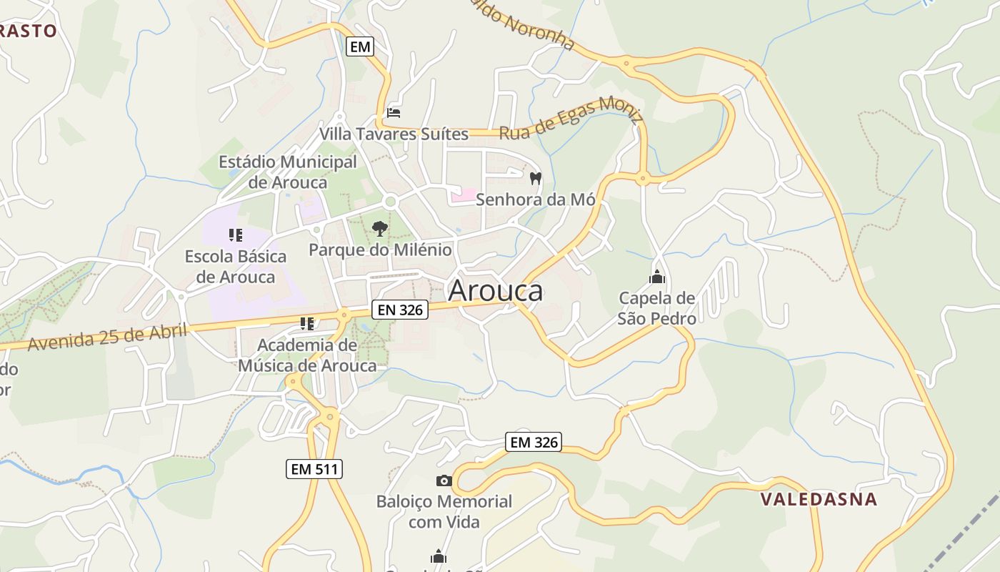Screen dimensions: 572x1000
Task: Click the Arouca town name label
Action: coord(495,290)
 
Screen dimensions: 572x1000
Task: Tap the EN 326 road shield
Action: coord(399,310)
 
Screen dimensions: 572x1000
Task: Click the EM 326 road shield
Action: coord(534,442)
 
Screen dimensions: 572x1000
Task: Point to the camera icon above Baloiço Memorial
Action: coord(444,480)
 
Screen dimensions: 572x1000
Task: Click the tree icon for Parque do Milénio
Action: coord(380,229)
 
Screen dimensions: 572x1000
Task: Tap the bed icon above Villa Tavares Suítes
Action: coord(394,112)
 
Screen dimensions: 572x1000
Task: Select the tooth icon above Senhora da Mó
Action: coord(536,178)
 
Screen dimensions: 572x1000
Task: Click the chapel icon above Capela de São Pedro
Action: coord(657,276)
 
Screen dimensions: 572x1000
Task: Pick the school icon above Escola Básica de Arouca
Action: coord(236,235)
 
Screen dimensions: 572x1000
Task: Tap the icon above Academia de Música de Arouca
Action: coord(307,324)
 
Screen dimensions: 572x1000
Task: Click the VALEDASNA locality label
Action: coord(819,498)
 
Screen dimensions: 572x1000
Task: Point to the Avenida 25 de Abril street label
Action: coord(107,336)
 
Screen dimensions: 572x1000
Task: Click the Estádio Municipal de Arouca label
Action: coord(288,172)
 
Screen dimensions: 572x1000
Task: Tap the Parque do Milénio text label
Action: coord(380,250)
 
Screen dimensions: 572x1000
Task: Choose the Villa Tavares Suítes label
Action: coord(394,134)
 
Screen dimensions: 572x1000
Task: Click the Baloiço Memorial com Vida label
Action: coord(444,511)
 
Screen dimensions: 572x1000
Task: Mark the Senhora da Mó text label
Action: coord(535,199)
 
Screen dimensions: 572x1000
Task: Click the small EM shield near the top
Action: coord(360,47)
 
